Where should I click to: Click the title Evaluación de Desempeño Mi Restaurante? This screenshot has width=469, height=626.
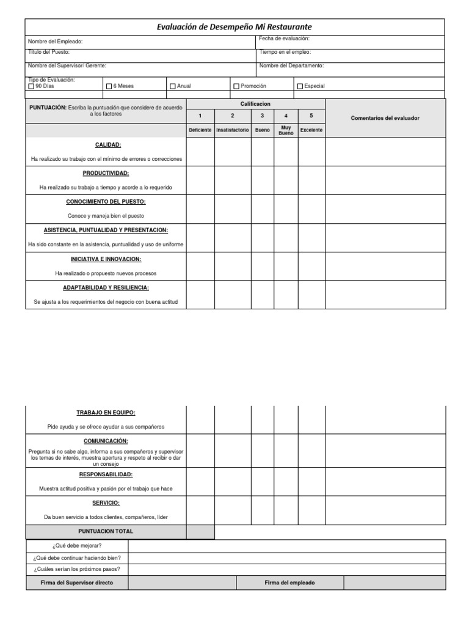(x=235, y=27)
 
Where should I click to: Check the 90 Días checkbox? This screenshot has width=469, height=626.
(x=32, y=86)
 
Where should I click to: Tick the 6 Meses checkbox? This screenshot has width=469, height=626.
(x=109, y=86)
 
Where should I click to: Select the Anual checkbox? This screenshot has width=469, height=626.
(x=173, y=86)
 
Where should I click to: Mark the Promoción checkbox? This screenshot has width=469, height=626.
(x=236, y=86)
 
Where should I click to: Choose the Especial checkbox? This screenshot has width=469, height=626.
(x=300, y=86)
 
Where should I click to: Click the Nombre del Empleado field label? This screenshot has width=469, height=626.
(x=55, y=42)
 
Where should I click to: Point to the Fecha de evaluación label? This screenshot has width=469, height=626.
(x=284, y=39)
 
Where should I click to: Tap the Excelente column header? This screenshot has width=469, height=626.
(x=311, y=130)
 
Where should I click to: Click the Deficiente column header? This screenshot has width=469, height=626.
(x=200, y=130)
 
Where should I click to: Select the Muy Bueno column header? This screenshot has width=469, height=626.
(x=286, y=130)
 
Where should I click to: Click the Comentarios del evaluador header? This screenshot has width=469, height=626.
(x=385, y=118)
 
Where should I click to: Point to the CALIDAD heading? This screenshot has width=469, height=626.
(x=107, y=145)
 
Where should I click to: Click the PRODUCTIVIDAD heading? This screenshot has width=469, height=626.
(x=106, y=173)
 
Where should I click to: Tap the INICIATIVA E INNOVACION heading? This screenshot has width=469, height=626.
(x=106, y=259)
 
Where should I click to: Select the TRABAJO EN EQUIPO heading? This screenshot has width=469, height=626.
(x=106, y=413)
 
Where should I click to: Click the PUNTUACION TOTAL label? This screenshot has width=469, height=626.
(x=106, y=531)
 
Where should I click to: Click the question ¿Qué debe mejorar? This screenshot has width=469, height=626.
(x=77, y=545)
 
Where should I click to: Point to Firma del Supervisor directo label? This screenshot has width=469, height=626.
(x=77, y=583)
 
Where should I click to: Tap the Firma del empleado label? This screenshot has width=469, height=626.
(x=289, y=583)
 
